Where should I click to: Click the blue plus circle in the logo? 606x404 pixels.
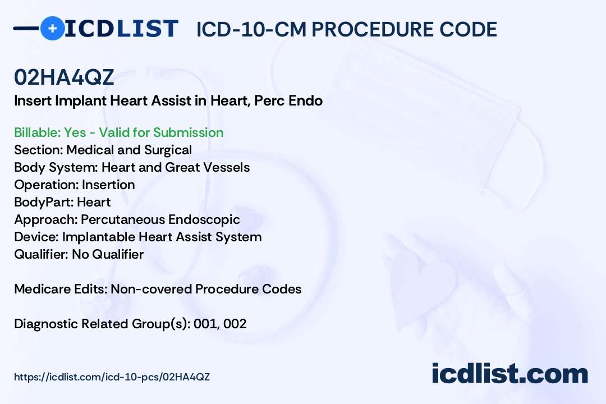point(53,28)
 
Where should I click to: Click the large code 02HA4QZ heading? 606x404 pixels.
point(64,77)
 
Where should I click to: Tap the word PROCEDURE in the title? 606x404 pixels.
point(373,29)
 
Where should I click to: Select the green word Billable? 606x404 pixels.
point(36,132)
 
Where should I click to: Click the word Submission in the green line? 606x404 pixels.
point(188,132)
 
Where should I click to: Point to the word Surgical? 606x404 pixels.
point(168,150)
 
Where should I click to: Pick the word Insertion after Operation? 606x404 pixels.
point(108,185)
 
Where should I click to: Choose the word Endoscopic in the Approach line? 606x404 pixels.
point(204,219)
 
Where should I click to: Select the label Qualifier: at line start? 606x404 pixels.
point(42,254)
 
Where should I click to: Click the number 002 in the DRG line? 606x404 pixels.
point(235,324)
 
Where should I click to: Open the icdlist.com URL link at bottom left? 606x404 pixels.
point(112,377)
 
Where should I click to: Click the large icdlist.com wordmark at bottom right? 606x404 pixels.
point(509,373)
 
